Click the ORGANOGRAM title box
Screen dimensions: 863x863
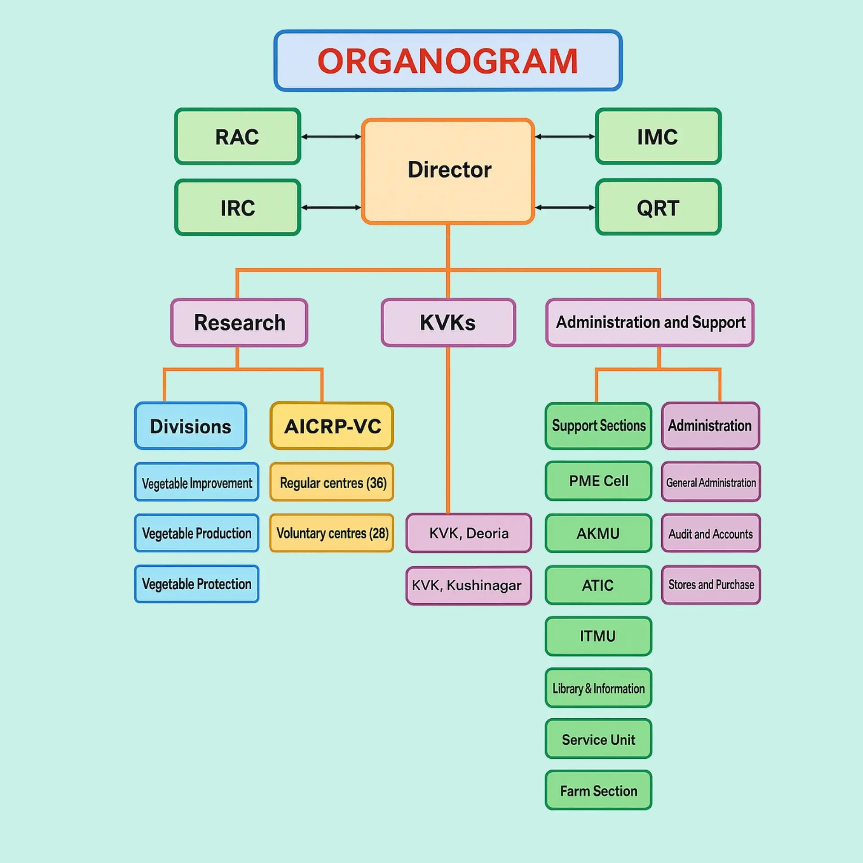point(448,61)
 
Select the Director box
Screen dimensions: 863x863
point(448,171)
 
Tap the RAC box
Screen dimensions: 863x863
point(237,136)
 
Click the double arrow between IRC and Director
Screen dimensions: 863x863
point(331,207)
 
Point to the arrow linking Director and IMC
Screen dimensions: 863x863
point(565,136)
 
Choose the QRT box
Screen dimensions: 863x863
point(658,207)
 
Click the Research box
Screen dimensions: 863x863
point(239,322)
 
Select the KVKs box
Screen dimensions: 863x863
point(448,322)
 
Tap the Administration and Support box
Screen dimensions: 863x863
point(649,322)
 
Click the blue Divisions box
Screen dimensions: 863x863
point(191,426)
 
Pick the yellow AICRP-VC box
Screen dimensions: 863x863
point(332,426)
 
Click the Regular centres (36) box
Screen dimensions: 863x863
point(332,482)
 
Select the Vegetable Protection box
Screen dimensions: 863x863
point(196,584)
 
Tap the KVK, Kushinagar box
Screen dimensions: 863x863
point(468,585)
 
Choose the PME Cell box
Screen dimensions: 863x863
point(598,480)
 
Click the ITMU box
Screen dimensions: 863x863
point(598,636)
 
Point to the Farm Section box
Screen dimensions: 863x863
point(598,790)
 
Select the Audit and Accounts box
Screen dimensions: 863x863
point(710,533)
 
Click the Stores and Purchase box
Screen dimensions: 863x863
point(710,584)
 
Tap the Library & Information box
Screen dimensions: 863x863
point(598,688)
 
